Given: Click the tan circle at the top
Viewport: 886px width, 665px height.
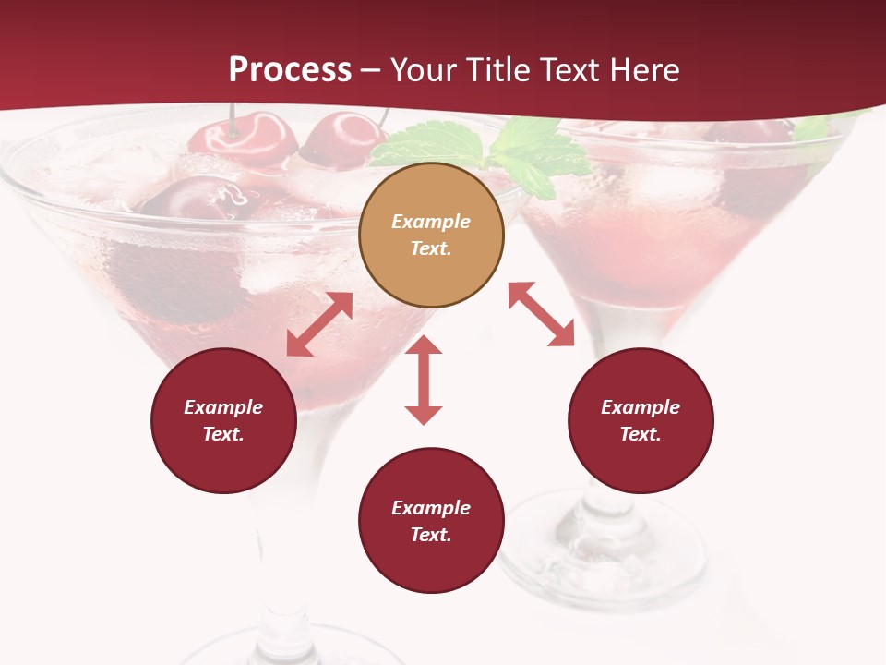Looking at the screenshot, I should pos(431,236).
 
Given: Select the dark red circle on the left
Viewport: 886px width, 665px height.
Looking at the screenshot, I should pos(223,420).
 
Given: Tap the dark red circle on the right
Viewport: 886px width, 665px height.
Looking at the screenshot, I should pos(641,420).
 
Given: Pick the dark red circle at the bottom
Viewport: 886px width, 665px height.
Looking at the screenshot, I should pos(431,521).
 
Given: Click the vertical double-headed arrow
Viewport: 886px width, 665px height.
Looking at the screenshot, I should pos(424,380).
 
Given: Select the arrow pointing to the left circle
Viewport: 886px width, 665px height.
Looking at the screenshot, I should pos(319,324).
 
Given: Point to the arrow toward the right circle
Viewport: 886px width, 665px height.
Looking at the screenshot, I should pos(542,315).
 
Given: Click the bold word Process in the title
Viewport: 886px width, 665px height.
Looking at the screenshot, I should pos(290,69).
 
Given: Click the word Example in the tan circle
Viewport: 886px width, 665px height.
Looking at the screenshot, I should pos(431,222).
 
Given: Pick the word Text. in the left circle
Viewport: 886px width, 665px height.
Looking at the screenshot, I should pos(223,434).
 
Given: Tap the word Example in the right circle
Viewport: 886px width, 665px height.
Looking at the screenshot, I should pos(641,407).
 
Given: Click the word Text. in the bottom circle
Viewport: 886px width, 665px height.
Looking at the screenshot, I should pos(431,535).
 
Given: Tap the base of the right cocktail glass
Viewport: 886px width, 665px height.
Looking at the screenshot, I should pos(591,554).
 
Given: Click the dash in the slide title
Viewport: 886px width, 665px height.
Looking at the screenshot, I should pos(371,70).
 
